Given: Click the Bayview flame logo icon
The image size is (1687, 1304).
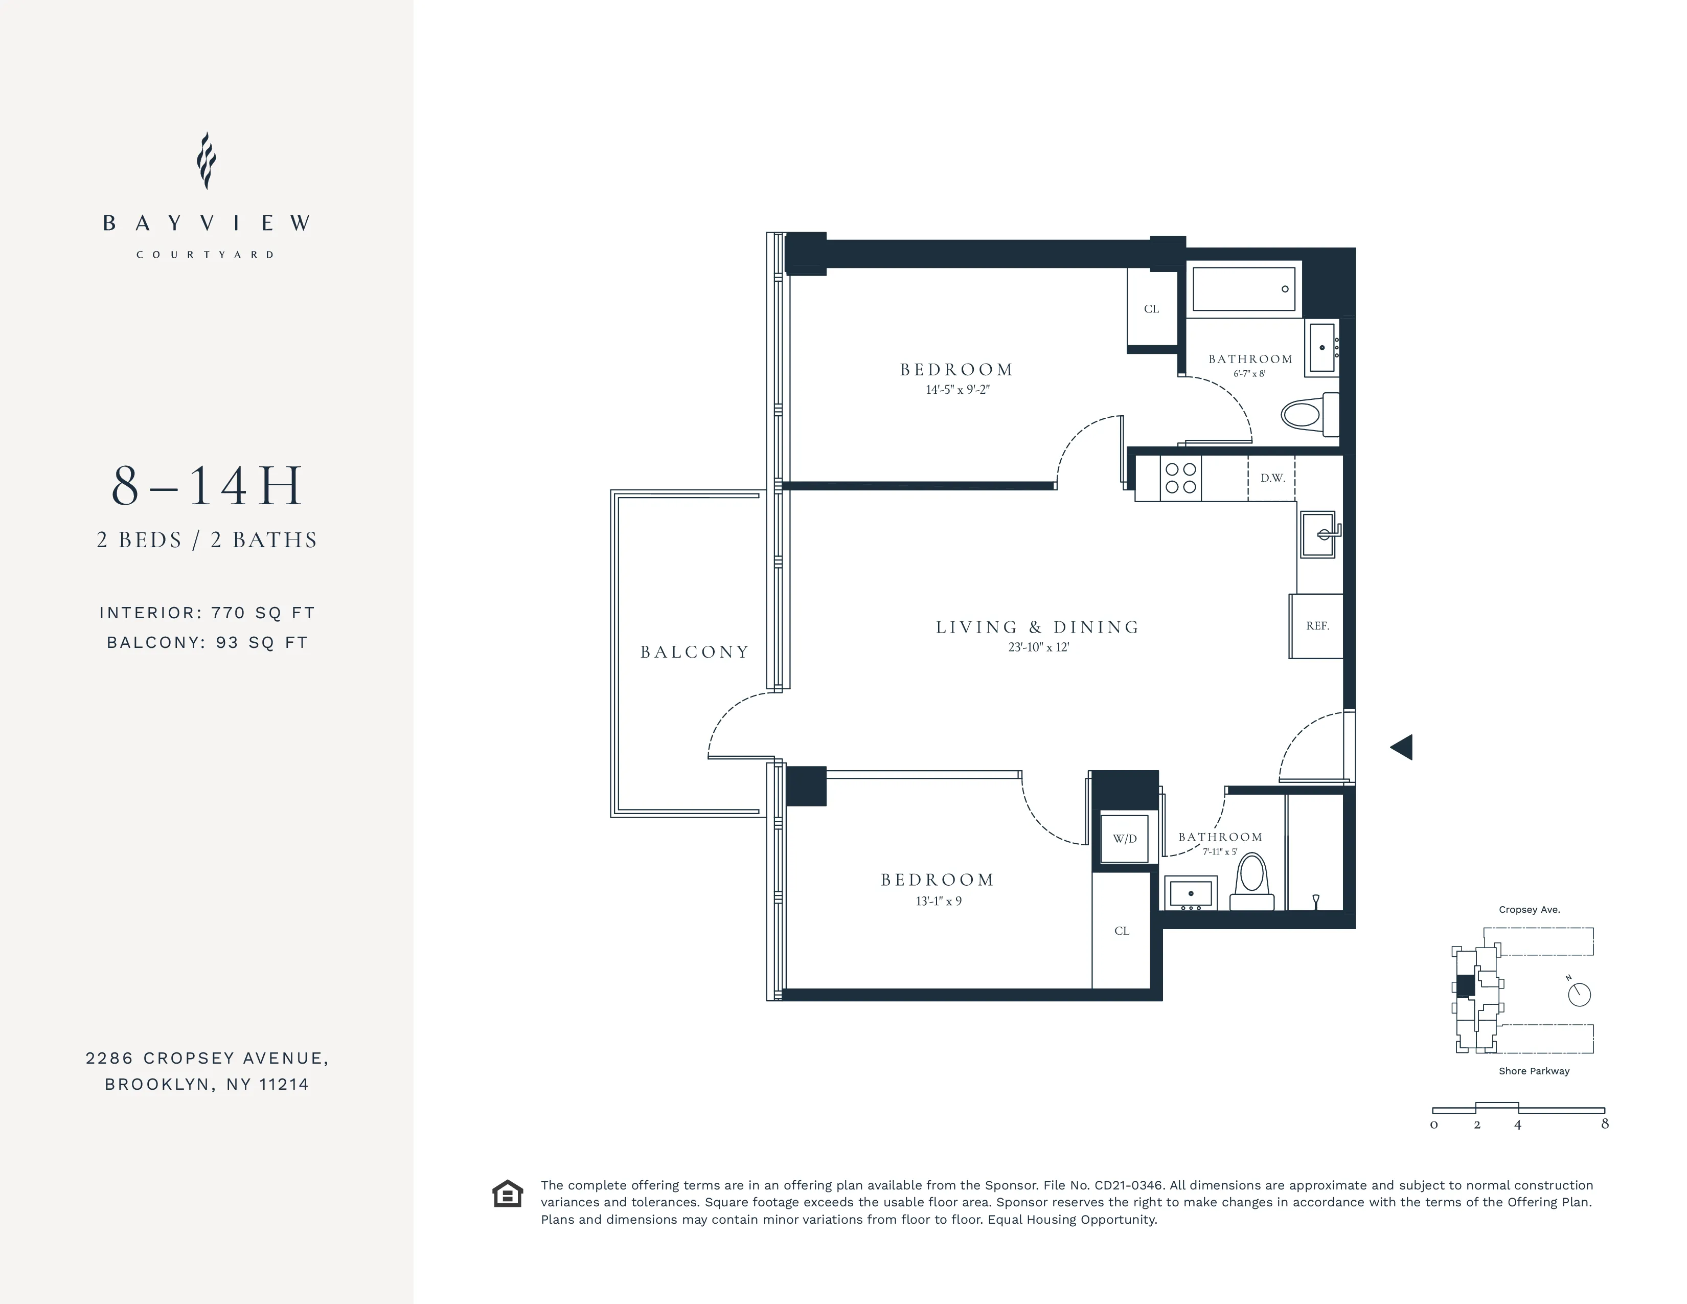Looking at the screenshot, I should tap(206, 161).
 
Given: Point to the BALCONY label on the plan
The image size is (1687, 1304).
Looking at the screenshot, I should tap(694, 652).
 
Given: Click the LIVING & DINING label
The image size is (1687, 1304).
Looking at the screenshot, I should tap(1037, 627).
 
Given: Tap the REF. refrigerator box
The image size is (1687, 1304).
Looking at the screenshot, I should tap(1317, 626).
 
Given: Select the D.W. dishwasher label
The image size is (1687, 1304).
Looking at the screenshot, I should tap(1272, 478).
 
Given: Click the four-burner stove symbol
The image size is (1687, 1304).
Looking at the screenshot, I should tap(1180, 478).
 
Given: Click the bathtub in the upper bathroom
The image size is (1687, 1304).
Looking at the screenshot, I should tap(1244, 289).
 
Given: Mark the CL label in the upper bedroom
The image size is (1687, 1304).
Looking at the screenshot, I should tap(1151, 309).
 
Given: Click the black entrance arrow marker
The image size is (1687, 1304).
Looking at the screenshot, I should tap(1402, 747).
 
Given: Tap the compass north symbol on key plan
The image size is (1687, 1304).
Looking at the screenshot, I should tap(1579, 994).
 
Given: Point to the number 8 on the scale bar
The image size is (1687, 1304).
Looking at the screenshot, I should tap(1604, 1124).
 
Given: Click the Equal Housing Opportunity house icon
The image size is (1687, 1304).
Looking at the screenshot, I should tap(508, 1194).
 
